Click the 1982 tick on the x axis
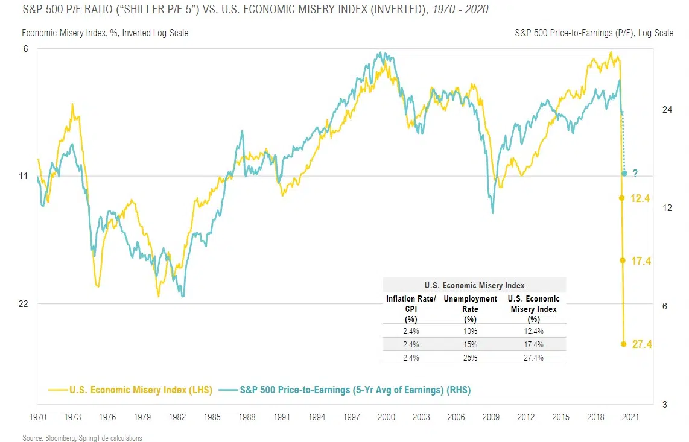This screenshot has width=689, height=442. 177,417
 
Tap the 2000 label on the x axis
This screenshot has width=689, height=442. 386,417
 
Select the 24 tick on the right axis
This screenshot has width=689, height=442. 667,110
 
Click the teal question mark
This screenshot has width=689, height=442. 635,174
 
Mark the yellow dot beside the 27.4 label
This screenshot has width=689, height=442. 622,344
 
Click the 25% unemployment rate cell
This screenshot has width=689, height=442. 471,358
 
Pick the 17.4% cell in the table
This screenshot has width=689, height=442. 534,344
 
